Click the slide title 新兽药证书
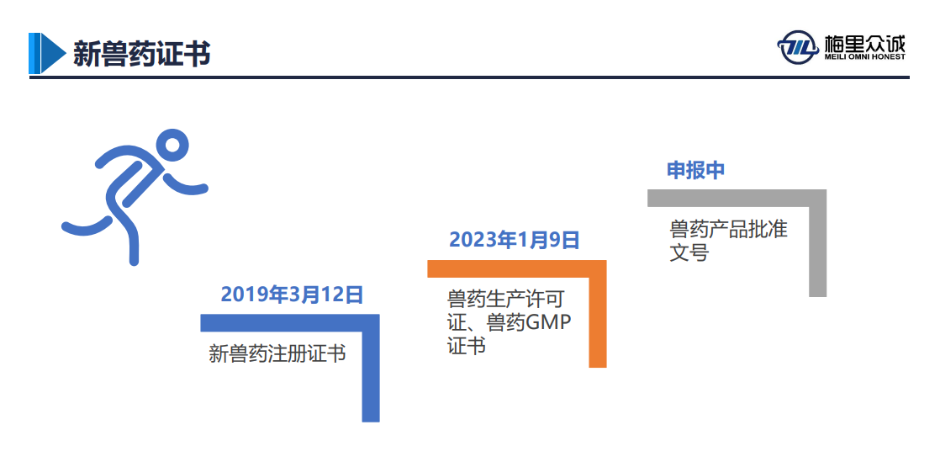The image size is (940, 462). click(x=141, y=53)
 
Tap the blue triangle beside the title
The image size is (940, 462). click(x=52, y=53)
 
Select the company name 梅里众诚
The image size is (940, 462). click(x=864, y=43)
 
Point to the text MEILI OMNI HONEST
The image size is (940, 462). click(x=864, y=57)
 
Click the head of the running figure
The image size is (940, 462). click(x=172, y=146)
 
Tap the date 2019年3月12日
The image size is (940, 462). click(x=292, y=295)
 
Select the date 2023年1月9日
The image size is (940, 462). click(x=515, y=240)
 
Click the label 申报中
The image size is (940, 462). click(x=696, y=170)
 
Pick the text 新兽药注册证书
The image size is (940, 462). click(x=277, y=353)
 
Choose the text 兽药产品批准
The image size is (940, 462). click(x=728, y=229)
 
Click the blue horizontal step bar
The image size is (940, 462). click(x=290, y=323)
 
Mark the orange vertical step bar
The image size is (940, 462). click(x=598, y=314)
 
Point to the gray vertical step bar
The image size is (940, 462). click(x=818, y=243)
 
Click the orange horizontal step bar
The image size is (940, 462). click(x=517, y=268)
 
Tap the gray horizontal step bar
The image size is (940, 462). click(x=737, y=198)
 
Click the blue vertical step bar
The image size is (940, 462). click(x=371, y=368)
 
